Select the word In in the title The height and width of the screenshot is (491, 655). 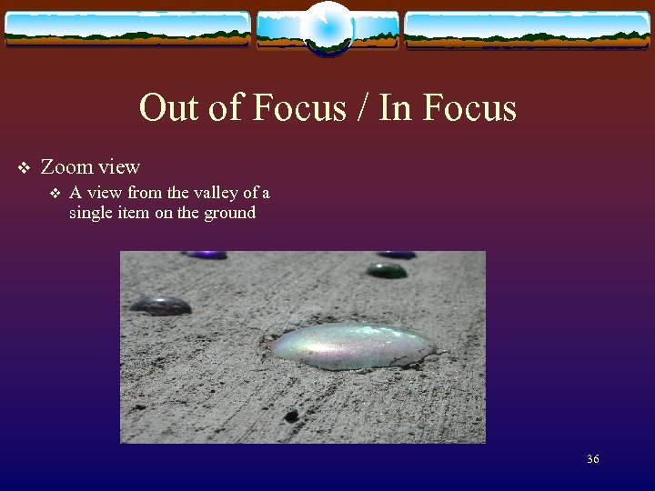point(393,108)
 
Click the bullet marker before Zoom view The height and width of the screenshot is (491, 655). point(24,167)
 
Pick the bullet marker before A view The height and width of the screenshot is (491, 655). point(54,193)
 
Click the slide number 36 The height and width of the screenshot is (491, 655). point(592,459)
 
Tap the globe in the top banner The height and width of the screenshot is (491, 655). point(327,27)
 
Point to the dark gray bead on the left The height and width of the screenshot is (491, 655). point(160,305)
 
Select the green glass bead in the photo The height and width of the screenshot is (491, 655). point(387,270)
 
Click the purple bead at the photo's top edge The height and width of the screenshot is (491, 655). point(207,255)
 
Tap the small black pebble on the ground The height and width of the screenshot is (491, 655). point(291,416)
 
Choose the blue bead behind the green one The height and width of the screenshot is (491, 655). point(397,255)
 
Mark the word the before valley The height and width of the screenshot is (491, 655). point(178,193)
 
